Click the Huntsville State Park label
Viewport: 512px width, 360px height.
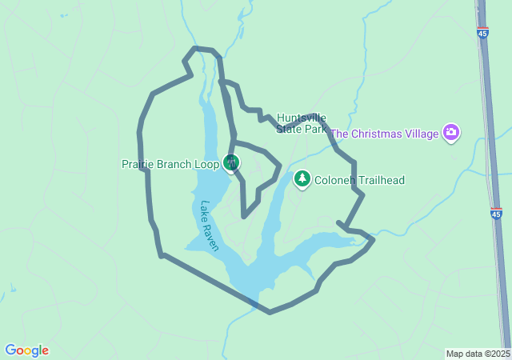pos(303,122)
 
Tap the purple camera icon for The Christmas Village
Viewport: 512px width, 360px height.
pos(451,133)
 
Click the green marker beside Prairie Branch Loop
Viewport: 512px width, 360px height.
pos(231,163)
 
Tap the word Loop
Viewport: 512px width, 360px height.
pos(204,165)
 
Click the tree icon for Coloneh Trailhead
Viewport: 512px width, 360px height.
pos(302,179)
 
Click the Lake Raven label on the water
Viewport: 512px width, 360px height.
pos(210,226)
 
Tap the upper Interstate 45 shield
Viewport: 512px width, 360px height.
pos(482,33)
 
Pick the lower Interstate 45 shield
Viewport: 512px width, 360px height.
pos(497,214)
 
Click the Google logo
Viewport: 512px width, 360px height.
pos(26,350)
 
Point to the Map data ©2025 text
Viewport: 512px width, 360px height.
pos(478,354)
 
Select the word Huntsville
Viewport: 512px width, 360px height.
pos(302,117)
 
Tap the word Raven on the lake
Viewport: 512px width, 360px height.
pos(213,237)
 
